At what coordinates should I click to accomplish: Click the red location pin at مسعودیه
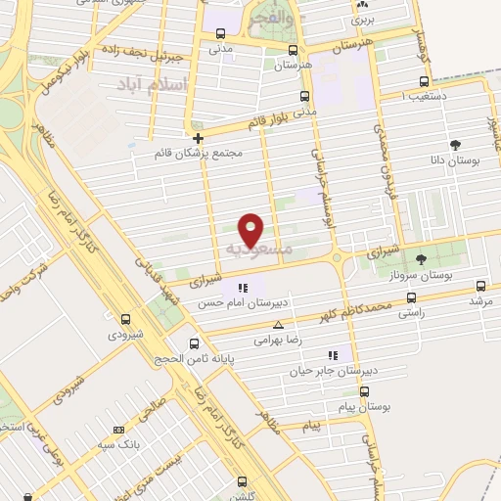[x=251, y=230]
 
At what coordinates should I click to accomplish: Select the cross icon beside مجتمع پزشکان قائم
[x=199, y=138]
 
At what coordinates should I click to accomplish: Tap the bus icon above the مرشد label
[x=480, y=287]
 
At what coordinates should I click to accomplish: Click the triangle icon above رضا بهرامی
[x=279, y=324]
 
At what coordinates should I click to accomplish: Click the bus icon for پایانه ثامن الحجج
[x=194, y=343]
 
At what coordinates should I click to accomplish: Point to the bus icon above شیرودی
[x=125, y=319]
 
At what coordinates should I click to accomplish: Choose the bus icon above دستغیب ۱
[x=424, y=81]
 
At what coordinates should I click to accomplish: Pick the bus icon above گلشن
[x=244, y=480]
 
